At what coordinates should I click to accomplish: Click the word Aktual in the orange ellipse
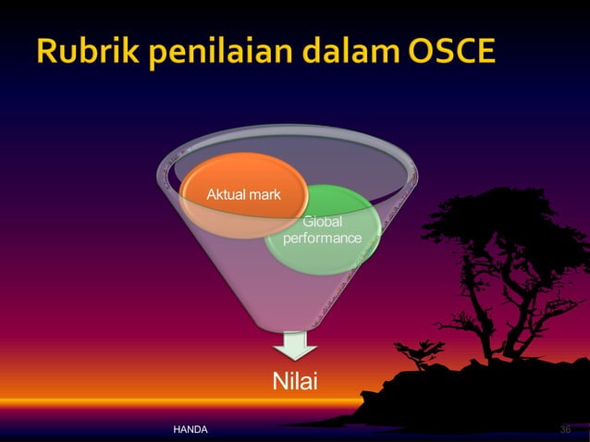[x=225, y=195]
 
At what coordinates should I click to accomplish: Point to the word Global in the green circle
[x=323, y=223]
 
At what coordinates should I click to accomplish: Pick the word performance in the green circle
[x=323, y=239]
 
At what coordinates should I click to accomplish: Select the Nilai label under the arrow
[x=294, y=381]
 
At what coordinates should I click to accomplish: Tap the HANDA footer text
[x=191, y=431]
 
